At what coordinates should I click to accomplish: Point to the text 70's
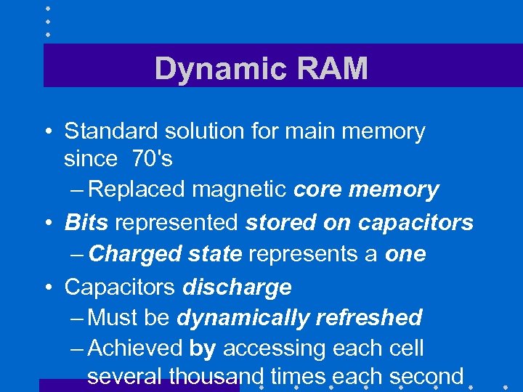tap(152, 158)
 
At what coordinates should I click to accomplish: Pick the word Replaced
tap(138, 190)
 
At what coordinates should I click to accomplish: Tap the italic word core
tap(319, 190)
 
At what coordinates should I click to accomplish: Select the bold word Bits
tap(86, 222)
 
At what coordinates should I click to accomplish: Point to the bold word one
tap(406, 254)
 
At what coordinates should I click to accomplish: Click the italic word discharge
tap(237, 287)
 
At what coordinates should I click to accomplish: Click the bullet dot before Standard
tap(46, 132)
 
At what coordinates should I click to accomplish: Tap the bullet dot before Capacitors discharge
tap(46, 287)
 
